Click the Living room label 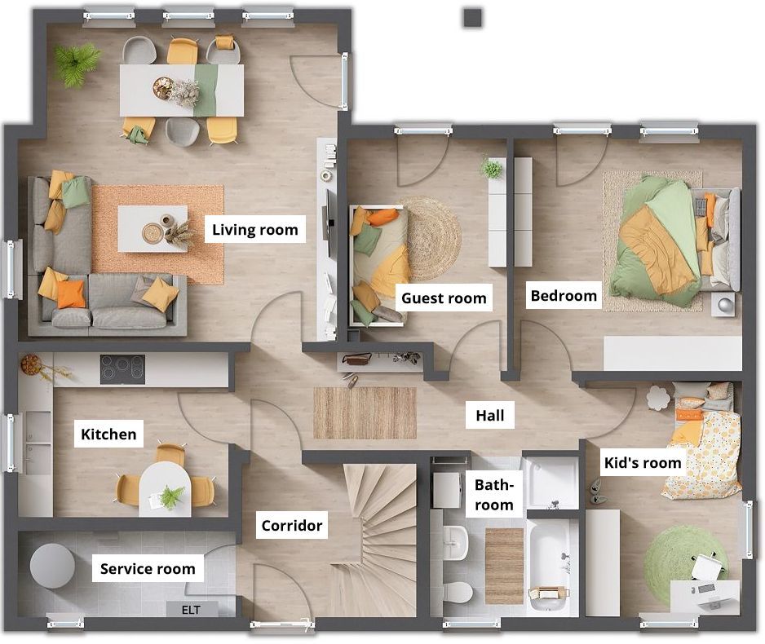tap(254, 229)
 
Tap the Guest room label tap(444, 298)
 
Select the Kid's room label tap(643, 463)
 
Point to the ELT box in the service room tap(192, 610)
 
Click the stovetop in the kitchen tap(122, 369)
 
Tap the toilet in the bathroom tap(458, 593)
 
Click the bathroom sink tap(456, 542)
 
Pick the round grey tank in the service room tap(53, 566)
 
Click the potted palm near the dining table tap(76, 64)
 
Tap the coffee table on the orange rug tap(153, 228)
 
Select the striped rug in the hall tap(365, 413)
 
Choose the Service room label tap(148, 568)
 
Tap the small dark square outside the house tap(473, 18)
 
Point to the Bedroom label tap(564, 295)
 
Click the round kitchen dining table tap(165, 489)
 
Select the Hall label tap(490, 416)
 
